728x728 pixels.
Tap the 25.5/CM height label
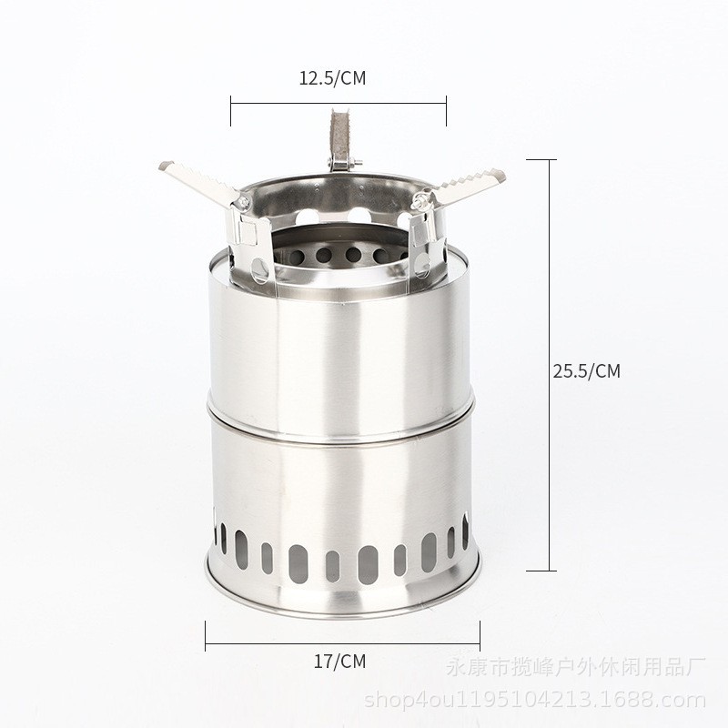(586, 371)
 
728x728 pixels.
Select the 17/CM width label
(339, 662)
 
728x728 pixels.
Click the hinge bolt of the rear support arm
(345, 163)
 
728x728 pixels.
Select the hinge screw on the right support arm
(419, 200)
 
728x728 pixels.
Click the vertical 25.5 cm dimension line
(551, 365)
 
